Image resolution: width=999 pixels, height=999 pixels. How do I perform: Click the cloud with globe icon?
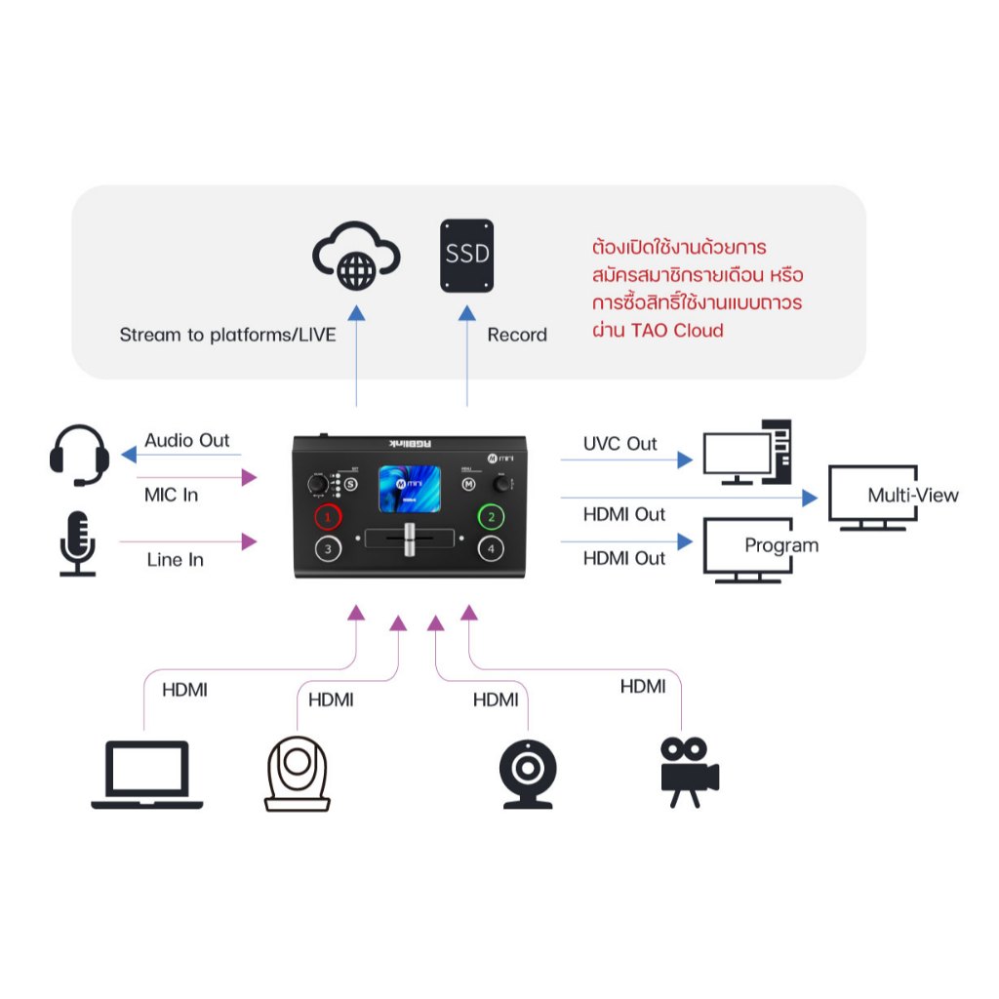click(x=355, y=257)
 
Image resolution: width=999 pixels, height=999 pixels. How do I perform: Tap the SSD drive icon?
click(x=467, y=256)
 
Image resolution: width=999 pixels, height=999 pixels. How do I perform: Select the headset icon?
click(x=79, y=454)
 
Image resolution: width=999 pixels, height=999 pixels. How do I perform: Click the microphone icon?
click(x=78, y=542)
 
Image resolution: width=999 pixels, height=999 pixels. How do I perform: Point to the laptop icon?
click(x=147, y=775)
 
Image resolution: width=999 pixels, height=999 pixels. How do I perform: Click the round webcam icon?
click(x=528, y=774)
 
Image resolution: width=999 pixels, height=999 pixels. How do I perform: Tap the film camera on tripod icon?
click(x=689, y=771)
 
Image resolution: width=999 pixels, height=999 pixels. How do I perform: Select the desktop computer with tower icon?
click(x=748, y=453)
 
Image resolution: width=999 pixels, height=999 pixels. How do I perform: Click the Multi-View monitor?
click(x=872, y=497)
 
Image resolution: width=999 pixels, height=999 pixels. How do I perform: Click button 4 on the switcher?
click(x=493, y=549)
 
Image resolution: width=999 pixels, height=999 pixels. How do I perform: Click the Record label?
click(x=517, y=335)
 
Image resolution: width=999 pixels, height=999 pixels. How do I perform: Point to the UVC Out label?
click(x=620, y=444)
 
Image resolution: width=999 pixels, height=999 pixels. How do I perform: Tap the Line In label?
click(x=176, y=560)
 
